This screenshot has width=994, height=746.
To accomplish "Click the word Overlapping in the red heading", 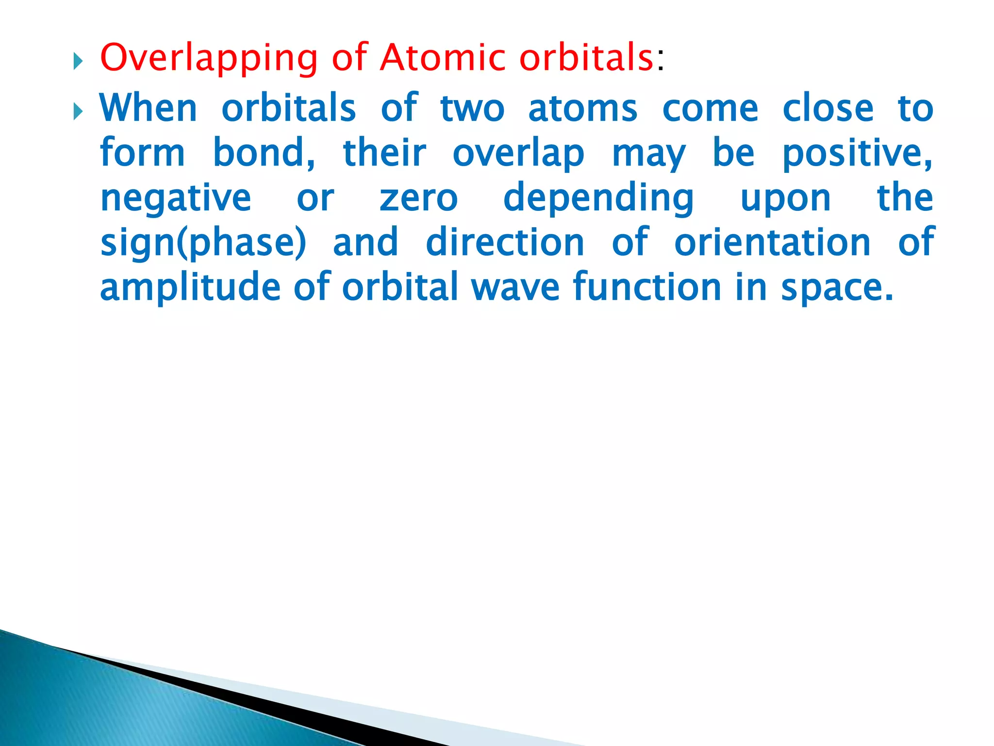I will pos(209,58).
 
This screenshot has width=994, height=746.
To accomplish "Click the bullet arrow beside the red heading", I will pos(78,62).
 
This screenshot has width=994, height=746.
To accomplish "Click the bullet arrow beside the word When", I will pos(78,112).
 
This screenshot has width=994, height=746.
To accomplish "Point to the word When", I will pos(149,108).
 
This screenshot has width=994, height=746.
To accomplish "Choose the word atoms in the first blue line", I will pos(582,109).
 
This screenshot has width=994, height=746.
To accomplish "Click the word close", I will pos(828,108).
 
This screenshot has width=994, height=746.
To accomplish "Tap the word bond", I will pos(264,153).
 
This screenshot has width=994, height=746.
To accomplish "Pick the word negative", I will pos(176,199).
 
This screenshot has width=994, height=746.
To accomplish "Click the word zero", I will pos(418,199).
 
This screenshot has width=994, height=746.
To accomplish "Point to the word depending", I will pos(598,199).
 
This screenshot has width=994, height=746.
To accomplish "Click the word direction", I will pos(505,242).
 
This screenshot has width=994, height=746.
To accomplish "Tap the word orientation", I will pos(772,242).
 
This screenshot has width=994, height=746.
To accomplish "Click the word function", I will pos(647,288).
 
